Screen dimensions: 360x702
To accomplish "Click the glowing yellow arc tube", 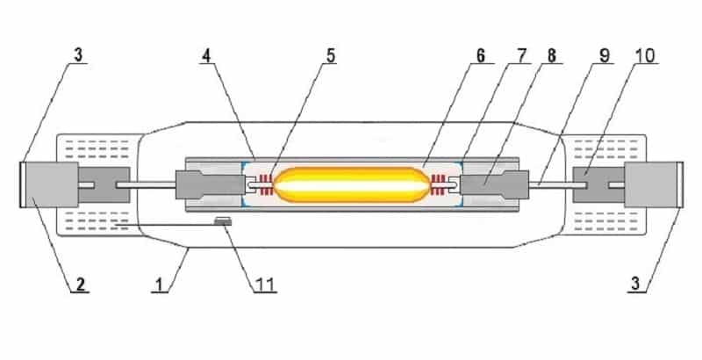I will pyautogui.click(x=351, y=184).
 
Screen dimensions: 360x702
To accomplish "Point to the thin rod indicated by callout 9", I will pyautogui.click(x=548, y=184).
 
